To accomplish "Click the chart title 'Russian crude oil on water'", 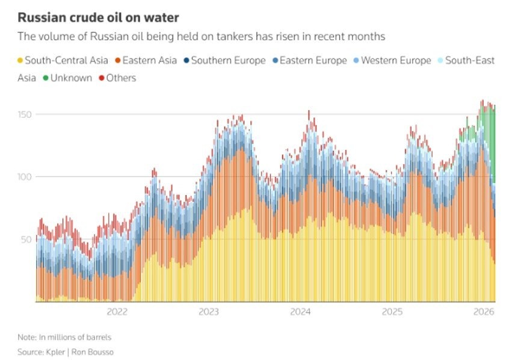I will coord(98,17).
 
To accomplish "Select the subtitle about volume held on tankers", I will coord(202,37).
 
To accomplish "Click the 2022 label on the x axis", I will coord(117,312).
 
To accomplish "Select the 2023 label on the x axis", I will coord(209,312).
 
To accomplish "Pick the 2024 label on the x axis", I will coord(300,312).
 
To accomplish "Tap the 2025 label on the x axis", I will coord(392,312).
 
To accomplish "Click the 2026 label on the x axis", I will coord(484,312).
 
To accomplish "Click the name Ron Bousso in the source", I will coord(93,352).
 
